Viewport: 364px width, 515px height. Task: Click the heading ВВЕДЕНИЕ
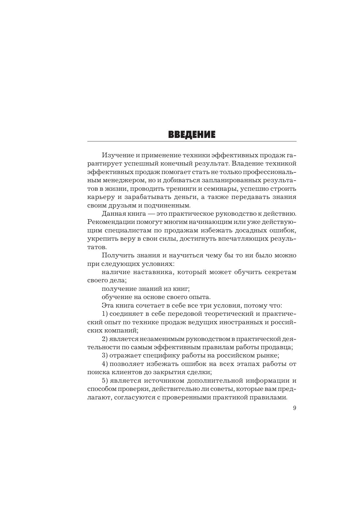(x=192, y=135)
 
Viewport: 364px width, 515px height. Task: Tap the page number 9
(x=294, y=408)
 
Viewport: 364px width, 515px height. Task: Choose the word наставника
(x=151, y=272)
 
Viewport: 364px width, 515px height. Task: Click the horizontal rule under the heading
(x=192, y=141)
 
